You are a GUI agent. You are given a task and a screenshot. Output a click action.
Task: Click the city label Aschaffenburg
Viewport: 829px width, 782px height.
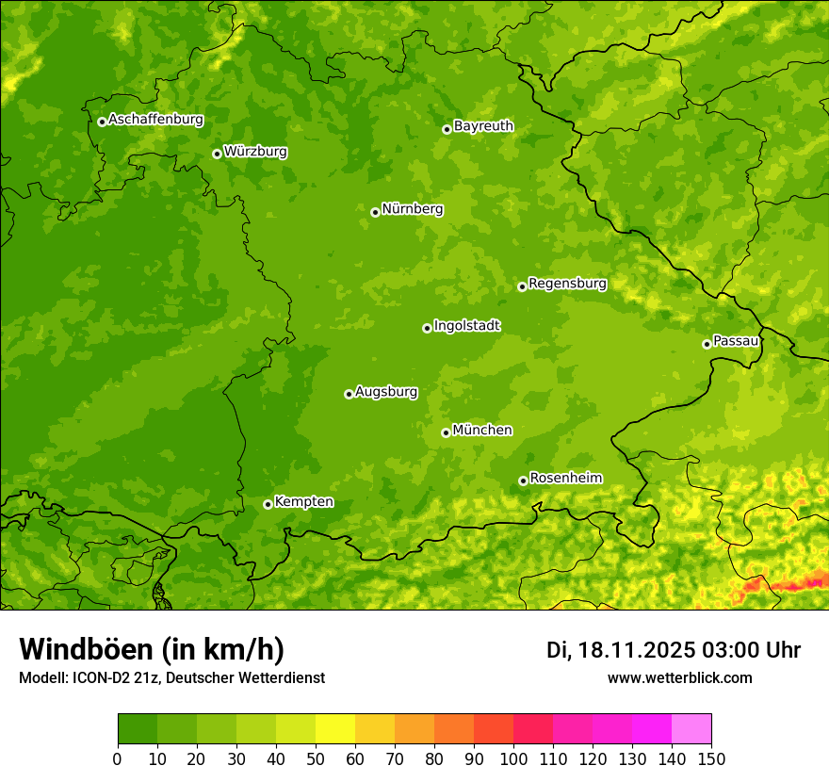(x=155, y=120)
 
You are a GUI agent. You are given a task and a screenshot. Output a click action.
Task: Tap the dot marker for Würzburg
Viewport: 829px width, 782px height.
(x=217, y=154)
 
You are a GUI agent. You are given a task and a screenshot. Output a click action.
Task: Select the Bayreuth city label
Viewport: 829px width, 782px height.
(x=483, y=125)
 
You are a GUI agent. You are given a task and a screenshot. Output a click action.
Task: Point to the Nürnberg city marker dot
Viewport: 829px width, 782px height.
(x=375, y=212)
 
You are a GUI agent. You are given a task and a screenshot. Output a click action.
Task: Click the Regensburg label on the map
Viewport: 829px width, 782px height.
(x=567, y=283)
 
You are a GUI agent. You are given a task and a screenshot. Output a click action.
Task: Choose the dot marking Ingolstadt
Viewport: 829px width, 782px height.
(x=427, y=328)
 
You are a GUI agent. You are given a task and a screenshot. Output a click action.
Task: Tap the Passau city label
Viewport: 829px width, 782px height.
(x=736, y=340)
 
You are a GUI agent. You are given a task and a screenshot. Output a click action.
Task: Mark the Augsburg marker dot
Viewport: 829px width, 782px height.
(x=349, y=394)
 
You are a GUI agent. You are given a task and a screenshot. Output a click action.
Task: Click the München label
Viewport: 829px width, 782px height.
(x=482, y=430)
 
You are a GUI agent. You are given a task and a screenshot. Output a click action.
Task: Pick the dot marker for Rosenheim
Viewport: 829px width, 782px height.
(x=523, y=481)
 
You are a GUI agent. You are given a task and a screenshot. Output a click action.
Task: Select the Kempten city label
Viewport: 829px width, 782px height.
(x=303, y=501)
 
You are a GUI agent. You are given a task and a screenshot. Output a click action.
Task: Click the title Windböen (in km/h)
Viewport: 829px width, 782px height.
(x=151, y=649)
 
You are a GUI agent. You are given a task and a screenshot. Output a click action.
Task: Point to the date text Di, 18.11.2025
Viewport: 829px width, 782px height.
(x=621, y=650)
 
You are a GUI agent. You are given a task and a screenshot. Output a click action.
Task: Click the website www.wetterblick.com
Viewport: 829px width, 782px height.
(x=679, y=677)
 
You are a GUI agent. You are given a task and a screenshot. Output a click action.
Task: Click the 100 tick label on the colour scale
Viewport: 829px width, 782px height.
(x=513, y=758)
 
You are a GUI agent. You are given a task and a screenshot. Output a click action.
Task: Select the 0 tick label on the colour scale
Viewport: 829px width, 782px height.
(x=118, y=758)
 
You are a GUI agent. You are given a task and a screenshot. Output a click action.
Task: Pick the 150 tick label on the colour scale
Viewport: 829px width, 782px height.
(x=711, y=758)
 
